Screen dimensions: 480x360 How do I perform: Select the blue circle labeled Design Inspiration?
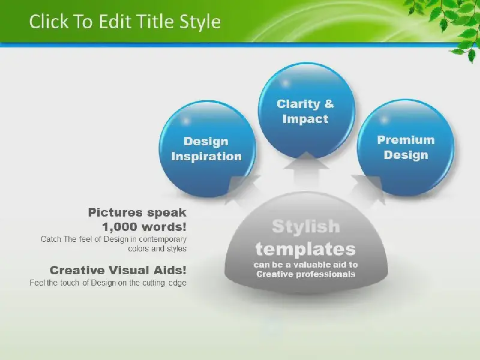[207, 149]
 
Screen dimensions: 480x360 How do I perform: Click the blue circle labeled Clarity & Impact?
[307, 110]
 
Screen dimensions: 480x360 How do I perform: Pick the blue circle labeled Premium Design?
[406, 148]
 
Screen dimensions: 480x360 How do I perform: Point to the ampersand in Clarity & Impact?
[329, 104]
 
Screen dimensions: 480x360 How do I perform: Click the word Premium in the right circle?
[406, 140]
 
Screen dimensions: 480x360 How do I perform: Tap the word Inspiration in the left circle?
[206, 157]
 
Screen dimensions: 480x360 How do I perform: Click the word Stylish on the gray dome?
[306, 227]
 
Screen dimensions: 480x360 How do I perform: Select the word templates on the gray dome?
[305, 249]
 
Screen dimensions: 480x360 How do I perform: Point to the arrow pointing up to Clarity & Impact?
[306, 172]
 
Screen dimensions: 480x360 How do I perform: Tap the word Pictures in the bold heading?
[116, 212]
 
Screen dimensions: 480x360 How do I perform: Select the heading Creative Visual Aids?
[118, 270]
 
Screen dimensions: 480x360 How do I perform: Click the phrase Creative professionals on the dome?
[306, 274]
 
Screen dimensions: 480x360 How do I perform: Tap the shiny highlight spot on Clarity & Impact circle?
[286, 83]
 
